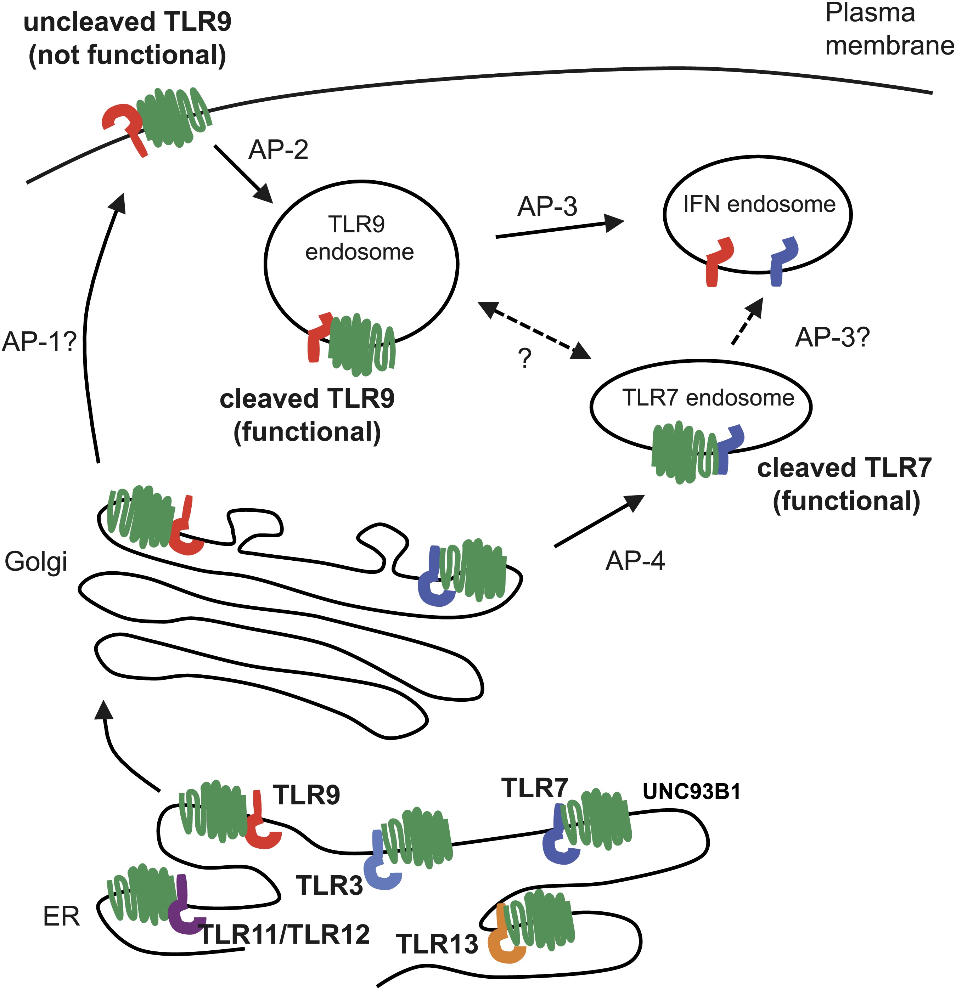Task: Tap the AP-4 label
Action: [635, 561]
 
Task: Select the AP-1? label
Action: [39, 341]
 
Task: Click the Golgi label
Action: [36, 562]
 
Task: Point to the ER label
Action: [62, 917]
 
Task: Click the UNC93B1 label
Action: [691, 792]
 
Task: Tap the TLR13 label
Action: [437, 944]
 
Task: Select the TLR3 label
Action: [330, 886]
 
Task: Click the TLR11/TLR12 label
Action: [285, 934]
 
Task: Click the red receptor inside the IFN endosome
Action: [718, 260]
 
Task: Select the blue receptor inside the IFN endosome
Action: [781, 260]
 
